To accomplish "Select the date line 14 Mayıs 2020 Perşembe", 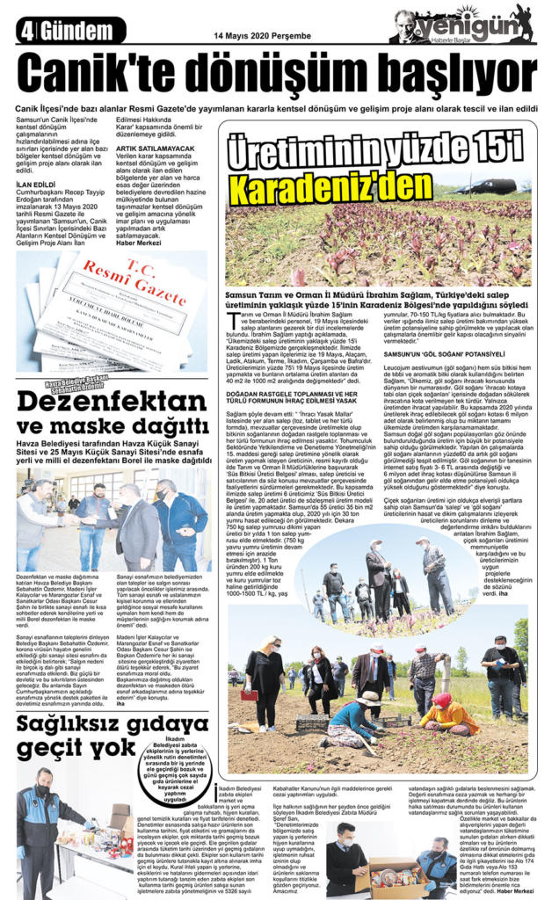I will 250,36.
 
